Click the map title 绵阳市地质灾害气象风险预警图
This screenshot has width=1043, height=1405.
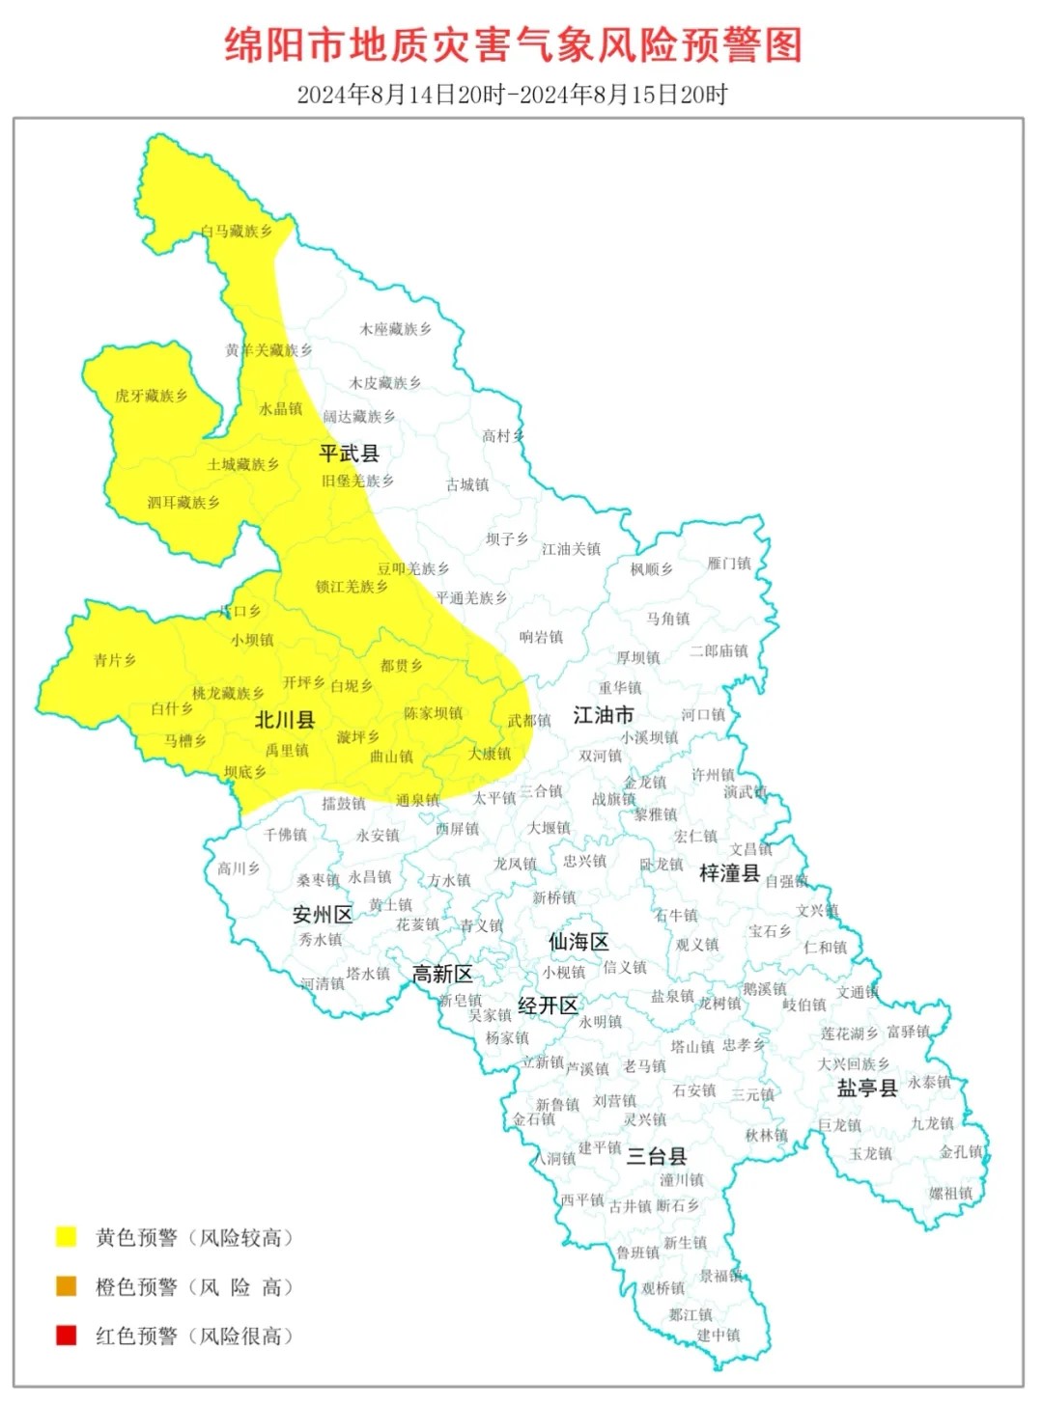tap(513, 44)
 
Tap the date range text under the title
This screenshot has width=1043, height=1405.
tap(512, 95)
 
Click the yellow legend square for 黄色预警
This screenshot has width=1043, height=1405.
tap(67, 1236)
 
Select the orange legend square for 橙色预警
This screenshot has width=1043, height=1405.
tap(67, 1285)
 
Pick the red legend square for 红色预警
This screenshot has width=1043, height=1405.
tap(67, 1336)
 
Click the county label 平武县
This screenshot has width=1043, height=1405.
tap(349, 453)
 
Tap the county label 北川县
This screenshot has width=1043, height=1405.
tap(285, 720)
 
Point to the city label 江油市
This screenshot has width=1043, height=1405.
tap(603, 715)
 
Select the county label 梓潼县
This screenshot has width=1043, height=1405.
tap(729, 873)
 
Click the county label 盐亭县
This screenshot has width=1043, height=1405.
tap(867, 1088)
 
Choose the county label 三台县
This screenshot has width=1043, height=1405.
tap(657, 1156)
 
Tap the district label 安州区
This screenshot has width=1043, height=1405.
tap(323, 915)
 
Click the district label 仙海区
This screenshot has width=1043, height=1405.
tap(578, 942)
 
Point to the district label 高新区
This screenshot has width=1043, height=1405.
tap(442, 975)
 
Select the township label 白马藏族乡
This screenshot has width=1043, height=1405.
tap(237, 232)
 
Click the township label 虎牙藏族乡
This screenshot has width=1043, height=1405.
tap(151, 396)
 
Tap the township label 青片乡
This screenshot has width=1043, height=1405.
tap(115, 660)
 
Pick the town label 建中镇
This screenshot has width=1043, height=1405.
tap(719, 1336)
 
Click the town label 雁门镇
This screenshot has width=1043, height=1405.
tap(729, 564)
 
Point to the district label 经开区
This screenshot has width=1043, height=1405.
tap(548, 1006)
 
